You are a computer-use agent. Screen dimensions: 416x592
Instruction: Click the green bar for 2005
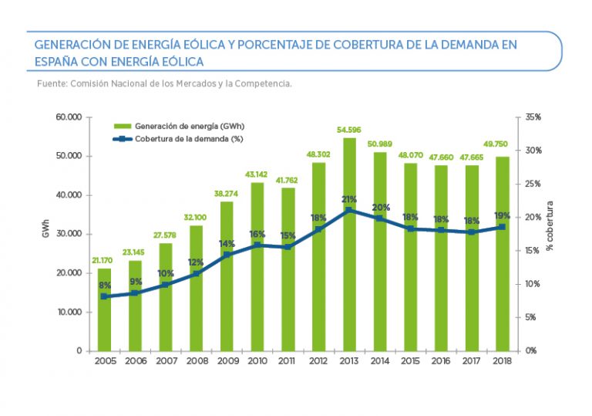coord(104,309)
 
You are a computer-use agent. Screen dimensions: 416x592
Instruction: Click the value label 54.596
coord(349,130)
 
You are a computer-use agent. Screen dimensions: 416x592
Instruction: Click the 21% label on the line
coord(350,199)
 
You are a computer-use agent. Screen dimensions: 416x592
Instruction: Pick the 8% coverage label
coord(104,286)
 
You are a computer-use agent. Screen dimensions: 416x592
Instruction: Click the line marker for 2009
coord(227,254)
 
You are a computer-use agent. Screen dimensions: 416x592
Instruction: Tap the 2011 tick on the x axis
coord(288,360)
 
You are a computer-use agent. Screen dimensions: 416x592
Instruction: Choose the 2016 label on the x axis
coord(441,360)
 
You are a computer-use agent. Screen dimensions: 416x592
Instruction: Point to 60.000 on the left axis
coord(68,117)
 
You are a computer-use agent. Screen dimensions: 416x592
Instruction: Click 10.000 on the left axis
coord(68,312)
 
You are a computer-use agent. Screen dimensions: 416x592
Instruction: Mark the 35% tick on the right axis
coord(533,117)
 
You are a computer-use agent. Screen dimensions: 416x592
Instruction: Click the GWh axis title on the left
coord(46,233)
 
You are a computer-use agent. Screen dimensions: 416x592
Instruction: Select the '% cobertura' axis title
coord(550,225)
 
